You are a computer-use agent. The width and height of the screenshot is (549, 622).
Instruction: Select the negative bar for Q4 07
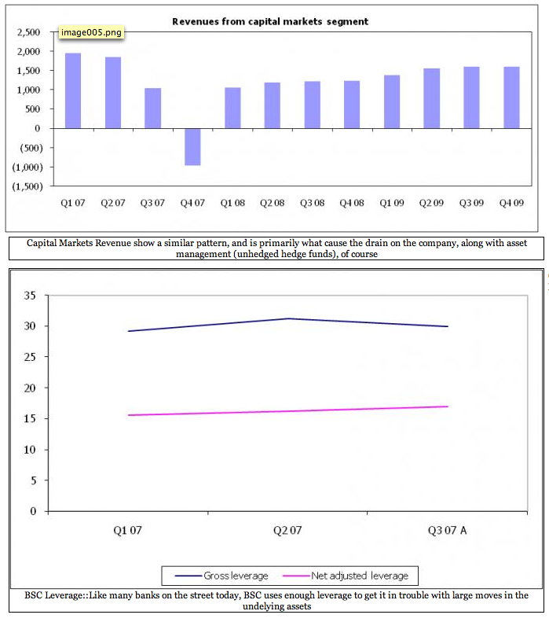(192, 146)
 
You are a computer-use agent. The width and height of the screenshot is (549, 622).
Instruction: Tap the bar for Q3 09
(471, 98)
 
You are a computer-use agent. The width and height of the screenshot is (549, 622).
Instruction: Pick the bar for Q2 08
(272, 105)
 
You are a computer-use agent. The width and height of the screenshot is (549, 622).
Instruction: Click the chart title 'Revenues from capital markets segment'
(270, 21)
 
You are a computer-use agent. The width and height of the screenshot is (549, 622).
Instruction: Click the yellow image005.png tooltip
(91, 34)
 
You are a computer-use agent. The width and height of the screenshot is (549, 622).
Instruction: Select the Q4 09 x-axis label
(511, 203)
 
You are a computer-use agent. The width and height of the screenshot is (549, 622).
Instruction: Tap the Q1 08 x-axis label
(232, 203)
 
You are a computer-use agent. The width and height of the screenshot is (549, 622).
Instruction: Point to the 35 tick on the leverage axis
(31, 296)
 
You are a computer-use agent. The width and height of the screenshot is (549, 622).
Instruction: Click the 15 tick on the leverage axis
(31, 419)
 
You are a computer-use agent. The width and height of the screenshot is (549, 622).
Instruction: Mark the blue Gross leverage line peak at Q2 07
(287, 318)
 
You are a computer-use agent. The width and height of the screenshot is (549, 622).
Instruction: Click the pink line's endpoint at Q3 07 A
(448, 407)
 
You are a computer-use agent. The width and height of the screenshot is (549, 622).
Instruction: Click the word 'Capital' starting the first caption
(45, 244)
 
